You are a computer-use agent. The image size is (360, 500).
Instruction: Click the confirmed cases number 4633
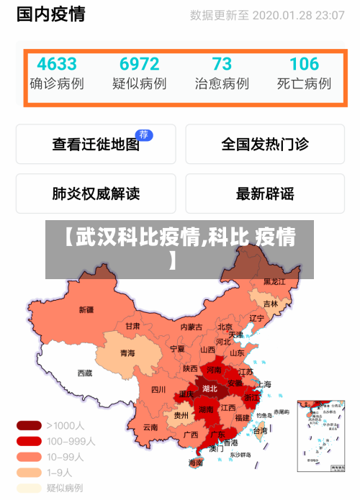point(56,64)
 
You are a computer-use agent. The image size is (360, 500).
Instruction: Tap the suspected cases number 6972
point(139,64)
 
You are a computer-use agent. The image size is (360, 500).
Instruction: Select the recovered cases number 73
point(222,64)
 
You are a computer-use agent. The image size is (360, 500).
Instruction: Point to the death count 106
point(304,64)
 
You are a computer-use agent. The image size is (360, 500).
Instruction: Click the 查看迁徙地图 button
point(95,144)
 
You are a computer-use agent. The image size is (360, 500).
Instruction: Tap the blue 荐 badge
point(144,135)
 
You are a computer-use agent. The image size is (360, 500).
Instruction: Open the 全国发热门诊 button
point(265,144)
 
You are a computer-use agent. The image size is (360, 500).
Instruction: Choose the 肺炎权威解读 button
point(95,193)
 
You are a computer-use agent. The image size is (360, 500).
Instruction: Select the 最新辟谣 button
point(265,193)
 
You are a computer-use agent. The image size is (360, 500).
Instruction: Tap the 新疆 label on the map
point(86,310)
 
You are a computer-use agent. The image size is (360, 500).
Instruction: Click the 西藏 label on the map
point(84,373)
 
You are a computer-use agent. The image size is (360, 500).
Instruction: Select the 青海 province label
point(127,353)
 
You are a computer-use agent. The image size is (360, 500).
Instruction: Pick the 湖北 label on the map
point(210,388)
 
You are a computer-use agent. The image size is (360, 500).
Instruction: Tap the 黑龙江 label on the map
point(274,281)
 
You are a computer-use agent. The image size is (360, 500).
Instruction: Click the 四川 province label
point(158,389)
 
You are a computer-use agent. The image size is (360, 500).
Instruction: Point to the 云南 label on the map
point(150,427)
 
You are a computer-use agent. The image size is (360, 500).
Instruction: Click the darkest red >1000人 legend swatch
point(29,425)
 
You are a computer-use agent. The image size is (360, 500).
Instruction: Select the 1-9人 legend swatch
point(29,473)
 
